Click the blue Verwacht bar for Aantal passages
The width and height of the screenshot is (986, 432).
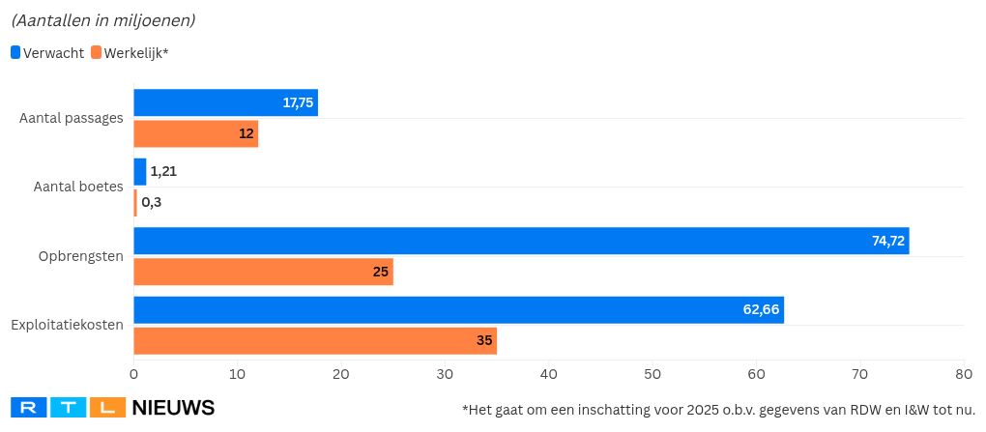pyautogui.click(x=225, y=102)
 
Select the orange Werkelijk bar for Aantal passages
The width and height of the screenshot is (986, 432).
pyautogui.click(x=195, y=133)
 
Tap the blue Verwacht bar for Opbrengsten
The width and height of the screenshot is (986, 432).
pyautogui.click(x=521, y=241)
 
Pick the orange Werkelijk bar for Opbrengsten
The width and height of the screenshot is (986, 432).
pyautogui.click(x=263, y=272)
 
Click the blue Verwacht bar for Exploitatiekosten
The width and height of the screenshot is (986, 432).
pyautogui.click(x=458, y=309)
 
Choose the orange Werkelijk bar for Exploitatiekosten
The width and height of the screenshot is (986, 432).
pyautogui.click(x=315, y=340)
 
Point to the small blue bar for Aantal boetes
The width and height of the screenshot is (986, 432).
pyautogui.click(x=140, y=172)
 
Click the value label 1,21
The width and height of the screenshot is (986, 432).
pyautogui.click(x=163, y=172)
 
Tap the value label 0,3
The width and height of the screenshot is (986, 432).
pyautogui.click(x=152, y=203)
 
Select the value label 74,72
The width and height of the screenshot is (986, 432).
pyautogui.click(x=888, y=241)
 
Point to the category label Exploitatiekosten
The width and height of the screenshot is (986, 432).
pyautogui.click(x=67, y=325)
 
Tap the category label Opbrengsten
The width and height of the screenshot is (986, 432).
pyautogui.click(x=80, y=256)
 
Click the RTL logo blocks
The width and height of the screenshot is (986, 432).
pyautogui.click(x=68, y=408)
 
